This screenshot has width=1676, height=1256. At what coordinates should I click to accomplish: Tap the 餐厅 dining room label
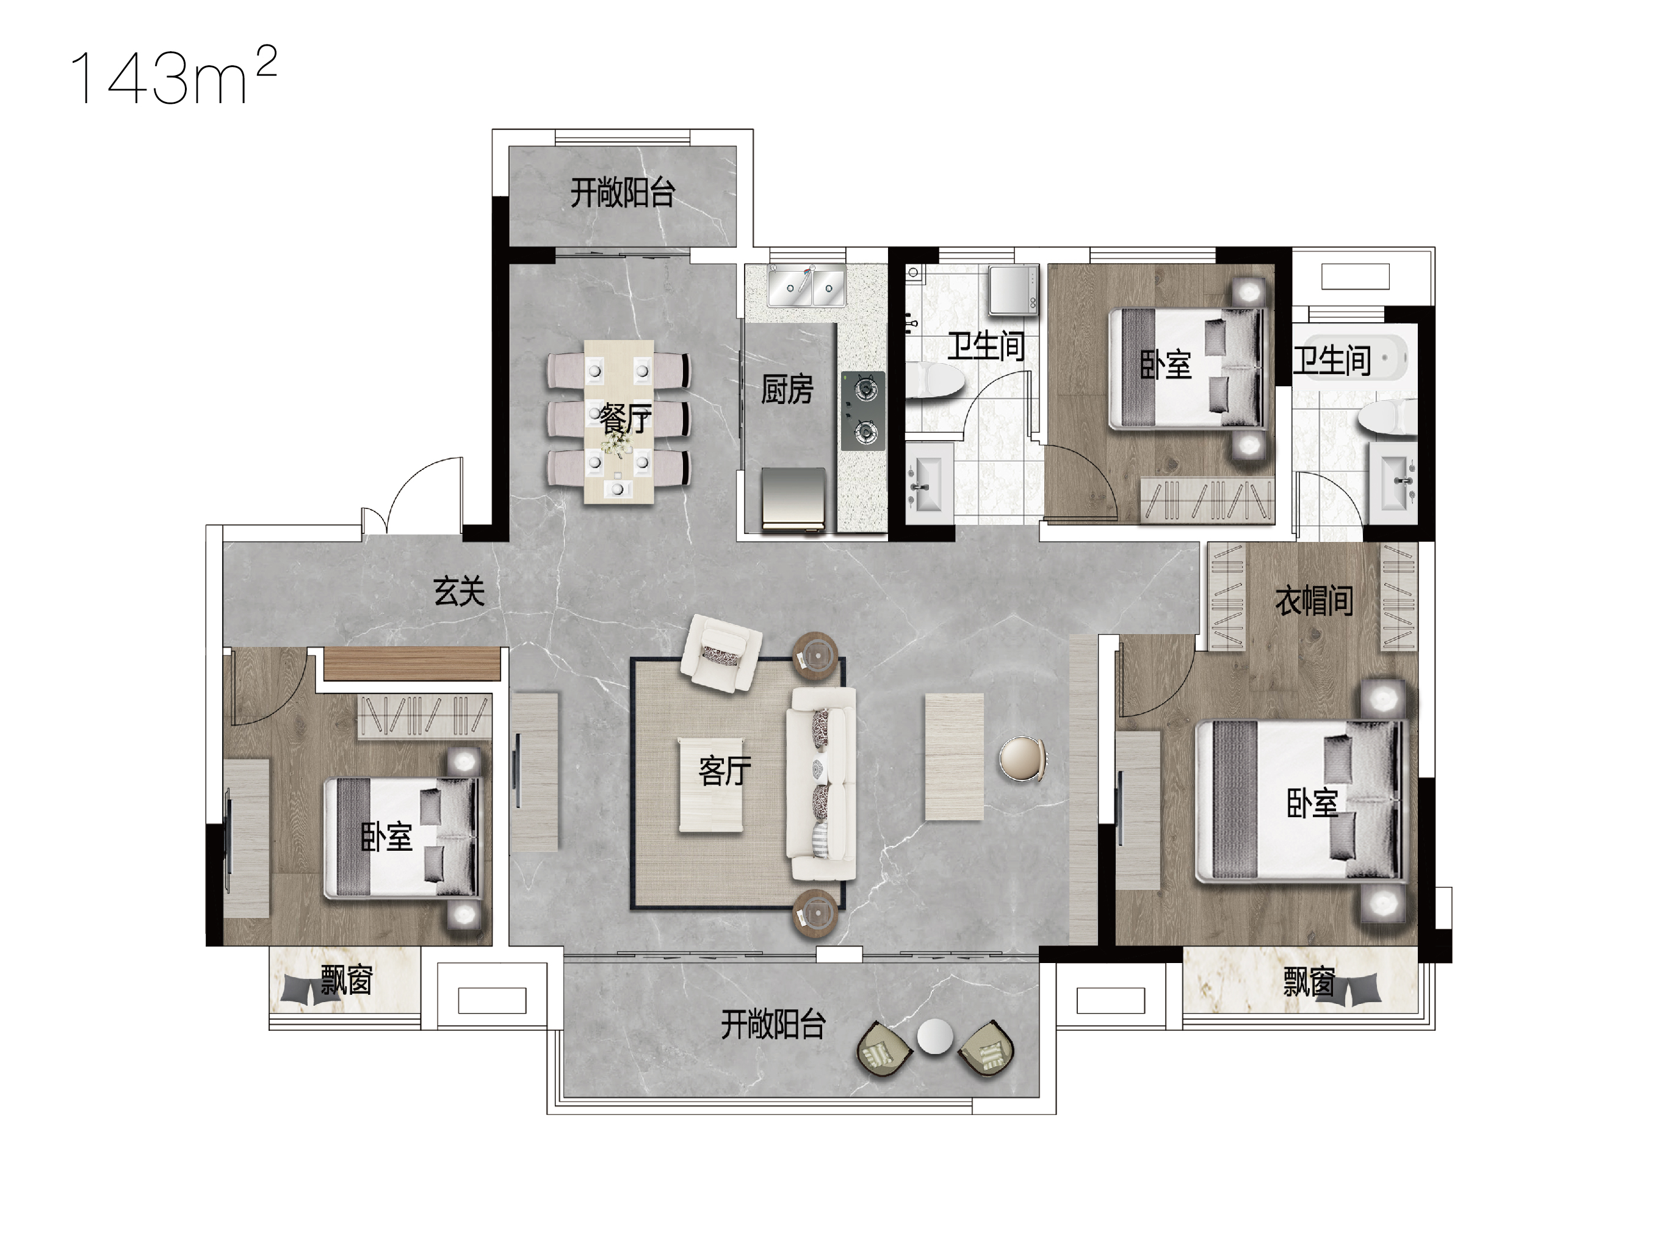coord(626,417)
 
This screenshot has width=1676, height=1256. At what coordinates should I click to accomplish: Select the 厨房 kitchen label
coord(787,389)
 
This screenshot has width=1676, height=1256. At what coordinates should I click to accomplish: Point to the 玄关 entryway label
coord(459,591)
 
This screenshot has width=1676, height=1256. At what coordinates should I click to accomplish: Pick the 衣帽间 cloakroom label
coord(1315,601)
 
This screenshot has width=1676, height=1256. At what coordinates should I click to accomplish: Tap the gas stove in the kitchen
coord(863,411)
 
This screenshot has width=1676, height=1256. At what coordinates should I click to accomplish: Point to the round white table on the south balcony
coord(934,1037)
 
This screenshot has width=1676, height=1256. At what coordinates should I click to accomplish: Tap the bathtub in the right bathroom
coord(1356,357)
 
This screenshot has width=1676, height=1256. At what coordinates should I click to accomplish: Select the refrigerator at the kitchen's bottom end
coord(793,499)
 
